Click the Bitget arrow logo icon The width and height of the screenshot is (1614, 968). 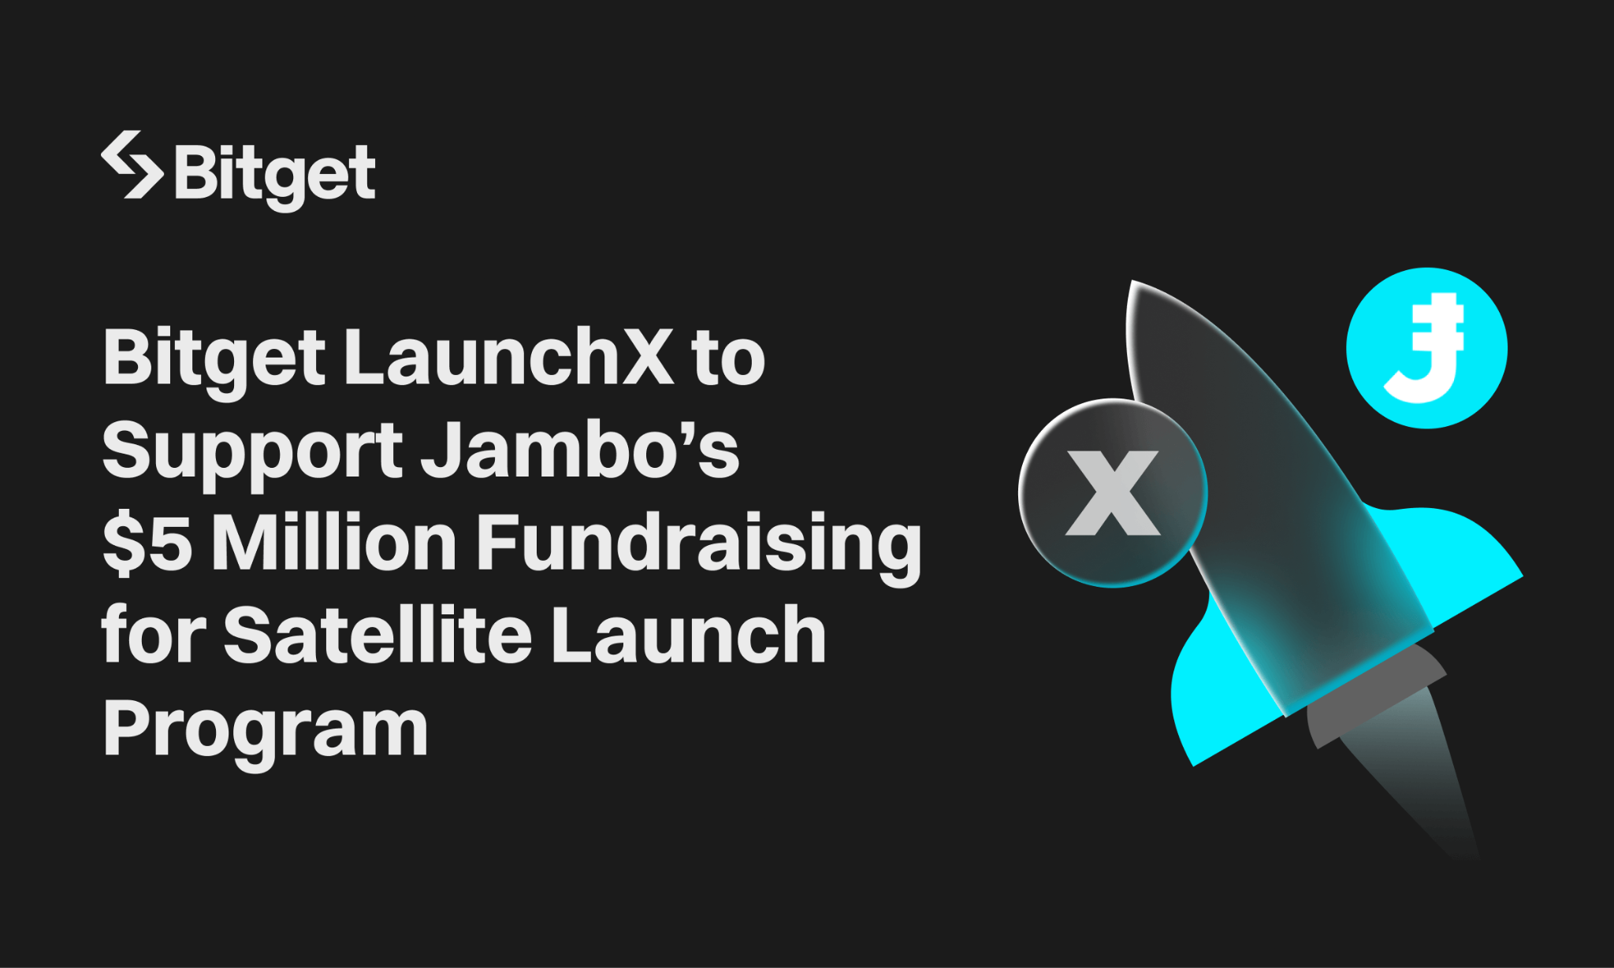pyautogui.click(x=132, y=165)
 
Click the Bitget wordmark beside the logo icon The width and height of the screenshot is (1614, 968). pyautogui.click(x=274, y=174)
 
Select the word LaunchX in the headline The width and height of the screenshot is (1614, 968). pyautogui.click(x=509, y=358)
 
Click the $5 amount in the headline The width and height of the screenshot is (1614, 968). pyautogui.click(x=147, y=543)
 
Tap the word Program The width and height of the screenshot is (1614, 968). pyautogui.click(x=265, y=729)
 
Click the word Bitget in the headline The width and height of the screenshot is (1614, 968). pyautogui.click(x=214, y=359)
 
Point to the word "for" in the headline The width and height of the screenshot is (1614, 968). pyautogui.click(x=153, y=635)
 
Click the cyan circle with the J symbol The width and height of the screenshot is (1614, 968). pyautogui.click(x=1426, y=348)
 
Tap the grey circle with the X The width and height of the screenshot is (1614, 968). pyautogui.click(x=1113, y=493)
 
